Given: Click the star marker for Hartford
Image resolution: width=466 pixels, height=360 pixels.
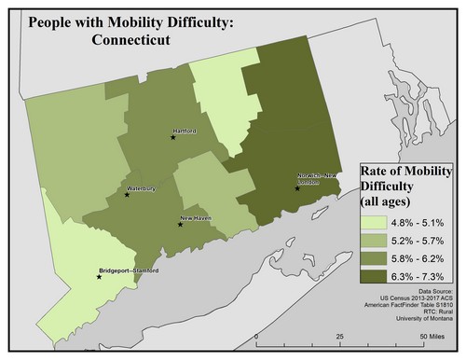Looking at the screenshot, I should click(172, 137).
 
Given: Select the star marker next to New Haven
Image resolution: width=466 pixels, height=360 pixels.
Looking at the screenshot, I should click(180, 224).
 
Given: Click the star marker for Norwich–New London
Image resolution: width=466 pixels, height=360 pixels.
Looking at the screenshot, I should click(297, 188).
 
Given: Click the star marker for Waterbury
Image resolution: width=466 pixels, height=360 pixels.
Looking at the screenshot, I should click(127, 195).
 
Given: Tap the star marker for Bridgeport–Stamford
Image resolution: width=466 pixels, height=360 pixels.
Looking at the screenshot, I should click(98, 276).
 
